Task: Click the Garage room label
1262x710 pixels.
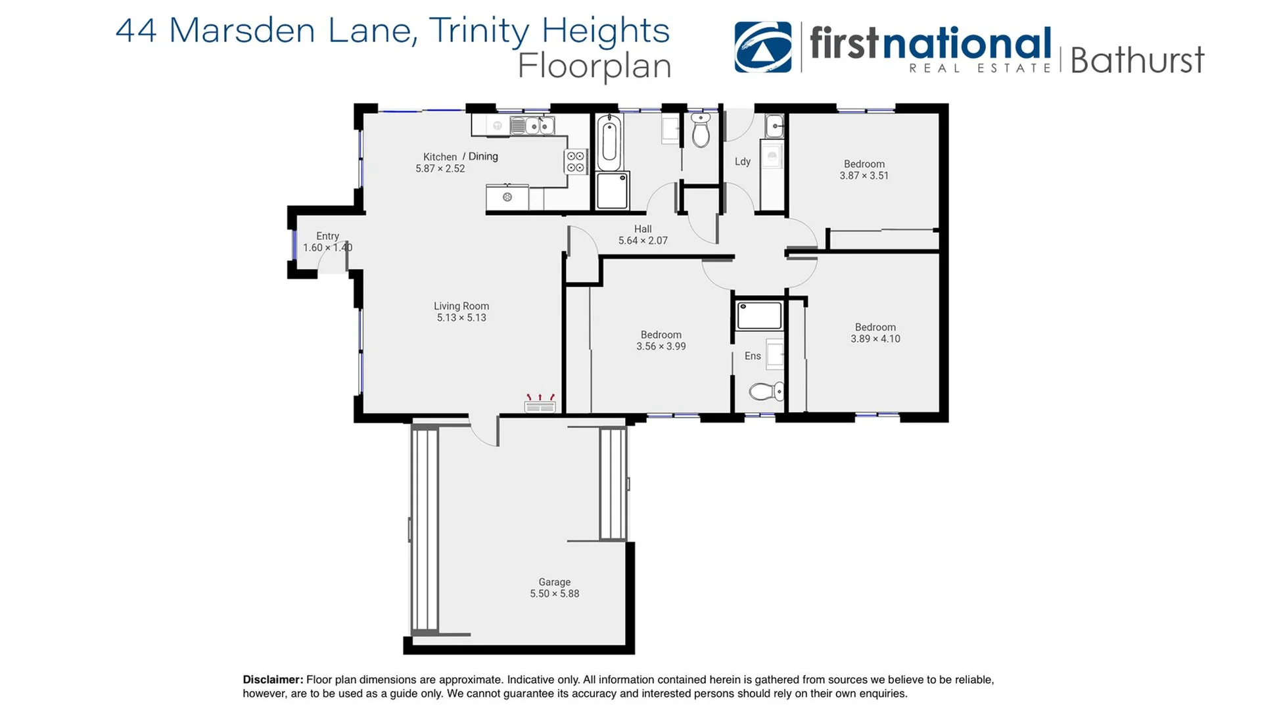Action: tap(554, 582)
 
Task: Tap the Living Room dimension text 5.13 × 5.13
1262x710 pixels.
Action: tap(461, 318)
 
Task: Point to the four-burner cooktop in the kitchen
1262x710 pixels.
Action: tap(575, 162)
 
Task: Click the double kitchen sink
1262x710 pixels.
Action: tap(532, 125)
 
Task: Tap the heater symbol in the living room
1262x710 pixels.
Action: tap(540, 404)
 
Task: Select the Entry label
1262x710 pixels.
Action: tap(327, 236)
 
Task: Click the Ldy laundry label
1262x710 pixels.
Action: tap(742, 161)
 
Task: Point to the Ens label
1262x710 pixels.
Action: tap(753, 356)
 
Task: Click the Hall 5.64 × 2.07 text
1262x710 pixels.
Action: tap(642, 235)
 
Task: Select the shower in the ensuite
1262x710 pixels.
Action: tap(759, 316)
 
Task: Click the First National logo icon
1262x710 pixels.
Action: tap(762, 47)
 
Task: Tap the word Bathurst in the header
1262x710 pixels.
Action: tap(1136, 60)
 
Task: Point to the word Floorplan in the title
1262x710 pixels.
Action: tap(594, 66)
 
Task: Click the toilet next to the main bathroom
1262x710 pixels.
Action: tap(701, 130)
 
